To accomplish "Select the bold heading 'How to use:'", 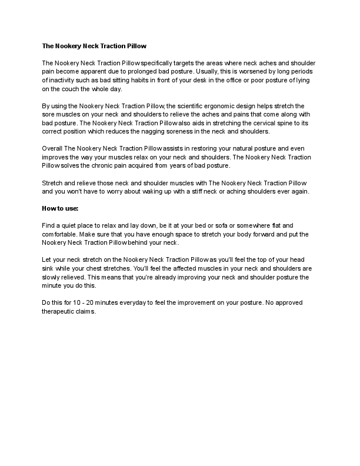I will tap(60, 208).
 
